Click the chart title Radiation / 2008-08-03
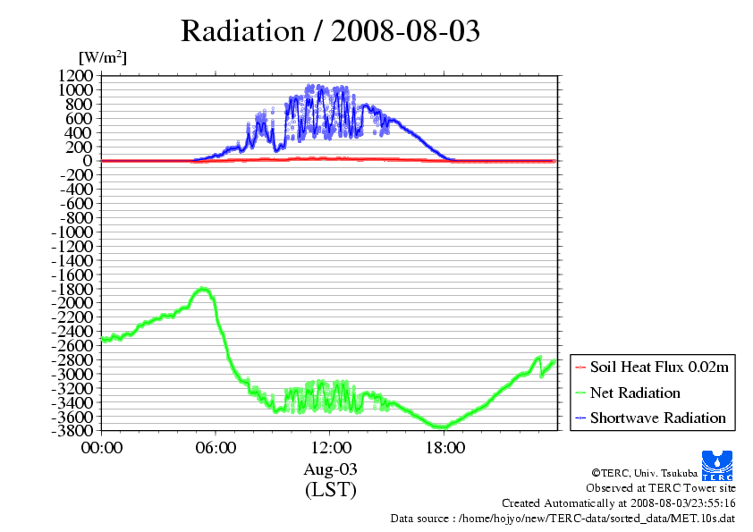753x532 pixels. tap(330, 31)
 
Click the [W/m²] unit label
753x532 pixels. tap(103, 57)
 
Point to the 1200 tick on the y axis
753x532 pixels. tap(75, 75)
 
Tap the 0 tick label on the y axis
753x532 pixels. tap(88, 161)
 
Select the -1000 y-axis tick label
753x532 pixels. tap(72, 232)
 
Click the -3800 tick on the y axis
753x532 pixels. tap(72, 431)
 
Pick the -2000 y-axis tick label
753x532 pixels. tap(72, 303)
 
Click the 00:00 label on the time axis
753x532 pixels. tap(102, 447)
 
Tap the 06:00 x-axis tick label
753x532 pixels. tap(216, 447)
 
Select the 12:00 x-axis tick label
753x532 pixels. tap(330, 447)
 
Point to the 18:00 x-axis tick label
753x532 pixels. tap(444, 447)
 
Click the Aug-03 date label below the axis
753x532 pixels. tap(330, 469)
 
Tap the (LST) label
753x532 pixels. tap(331, 489)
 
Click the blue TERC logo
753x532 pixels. tap(717, 466)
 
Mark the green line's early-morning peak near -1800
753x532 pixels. tap(204, 289)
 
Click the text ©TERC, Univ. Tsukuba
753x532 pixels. tap(645, 473)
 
